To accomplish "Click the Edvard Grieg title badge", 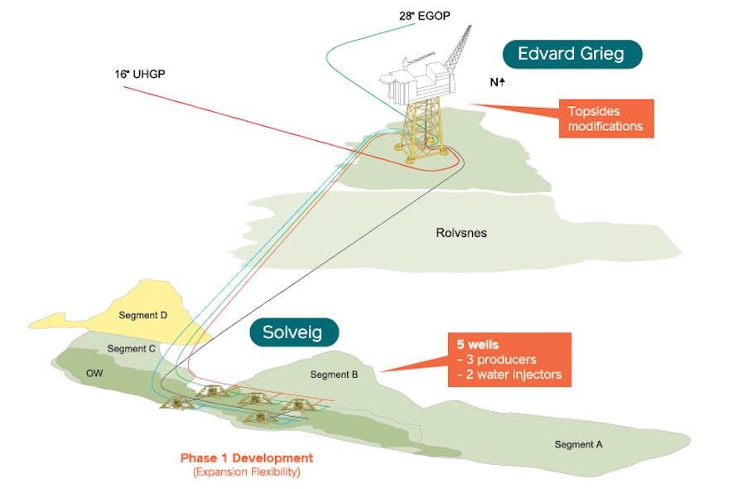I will (573, 55).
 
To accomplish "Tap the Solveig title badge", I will (296, 333).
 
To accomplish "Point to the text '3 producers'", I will (497, 360).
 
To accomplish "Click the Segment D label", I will (142, 316).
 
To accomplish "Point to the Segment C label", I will (131, 349).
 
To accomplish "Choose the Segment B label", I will (334, 375).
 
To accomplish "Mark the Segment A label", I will (578, 444).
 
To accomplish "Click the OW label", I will (95, 373).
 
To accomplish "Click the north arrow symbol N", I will (498, 83).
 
